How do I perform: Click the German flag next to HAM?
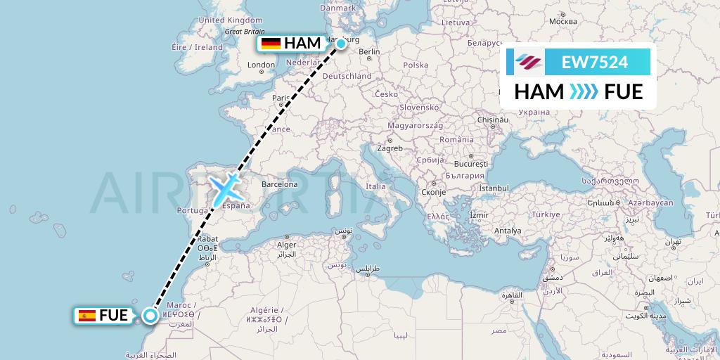[x=271, y=44]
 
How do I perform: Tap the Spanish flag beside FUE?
[x=88, y=316]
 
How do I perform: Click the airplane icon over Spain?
[x=225, y=188]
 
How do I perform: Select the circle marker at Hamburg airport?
[x=341, y=44]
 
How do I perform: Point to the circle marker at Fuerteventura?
[x=150, y=315]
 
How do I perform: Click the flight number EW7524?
[x=595, y=62]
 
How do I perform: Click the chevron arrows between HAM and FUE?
[x=584, y=91]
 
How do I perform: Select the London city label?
[x=261, y=65]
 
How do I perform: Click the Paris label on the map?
[x=281, y=98]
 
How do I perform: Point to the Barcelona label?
[x=279, y=185]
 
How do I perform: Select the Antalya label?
[x=507, y=231]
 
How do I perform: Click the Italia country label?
[x=375, y=186]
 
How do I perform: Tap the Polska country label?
[x=416, y=65]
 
